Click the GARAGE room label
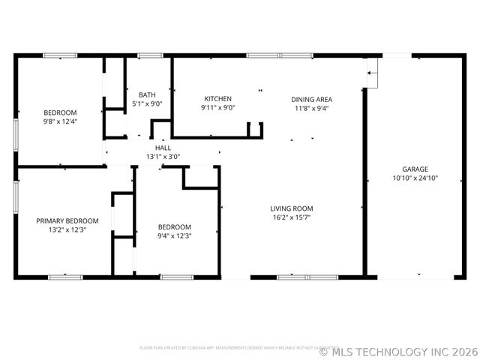pyautogui.click(x=415, y=169)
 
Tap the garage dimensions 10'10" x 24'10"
pyautogui.click(x=415, y=178)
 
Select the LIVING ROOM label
pyautogui.click(x=292, y=208)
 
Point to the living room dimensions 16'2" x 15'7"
pyautogui.click(x=292, y=217)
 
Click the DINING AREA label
pyautogui.click(x=311, y=99)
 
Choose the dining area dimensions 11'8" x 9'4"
pyautogui.click(x=311, y=108)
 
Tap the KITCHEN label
pyautogui.click(x=218, y=99)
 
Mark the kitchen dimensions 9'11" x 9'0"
pyautogui.click(x=218, y=108)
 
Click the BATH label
pyautogui.click(x=147, y=94)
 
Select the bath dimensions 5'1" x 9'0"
pyautogui.click(x=147, y=103)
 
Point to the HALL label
pyautogui.click(x=163, y=148)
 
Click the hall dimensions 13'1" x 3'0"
pyautogui.click(x=163, y=157)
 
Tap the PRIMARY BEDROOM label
pyautogui.click(x=67, y=221)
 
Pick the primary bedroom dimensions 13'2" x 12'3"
pyautogui.click(x=67, y=230)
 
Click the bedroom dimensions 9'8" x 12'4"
pyautogui.click(x=60, y=121)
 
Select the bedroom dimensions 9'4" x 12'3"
pyautogui.click(x=174, y=235)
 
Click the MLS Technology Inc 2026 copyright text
pyautogui.click(x=397, y=350)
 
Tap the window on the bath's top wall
pyautogui.click(x=150, y=55)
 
